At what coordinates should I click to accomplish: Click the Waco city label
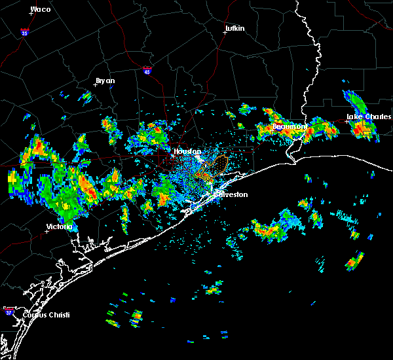coord(41,9)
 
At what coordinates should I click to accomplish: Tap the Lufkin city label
coord(234,29)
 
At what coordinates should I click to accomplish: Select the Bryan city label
coord(105,81)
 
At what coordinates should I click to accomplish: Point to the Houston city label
coord(187,151)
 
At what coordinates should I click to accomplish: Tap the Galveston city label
coord(231,194)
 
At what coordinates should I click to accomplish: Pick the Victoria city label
coord(58,227)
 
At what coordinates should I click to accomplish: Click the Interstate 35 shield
coord(25,31)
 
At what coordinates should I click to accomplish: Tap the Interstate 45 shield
coord(148,69)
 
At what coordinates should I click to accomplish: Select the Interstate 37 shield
coord(9,309)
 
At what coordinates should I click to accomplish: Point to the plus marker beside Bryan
coord(94,84)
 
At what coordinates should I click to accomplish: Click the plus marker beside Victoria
coord(47,231)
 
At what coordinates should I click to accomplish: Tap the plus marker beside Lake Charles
coord(346,121)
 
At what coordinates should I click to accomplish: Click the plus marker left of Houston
coord(172,156)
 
